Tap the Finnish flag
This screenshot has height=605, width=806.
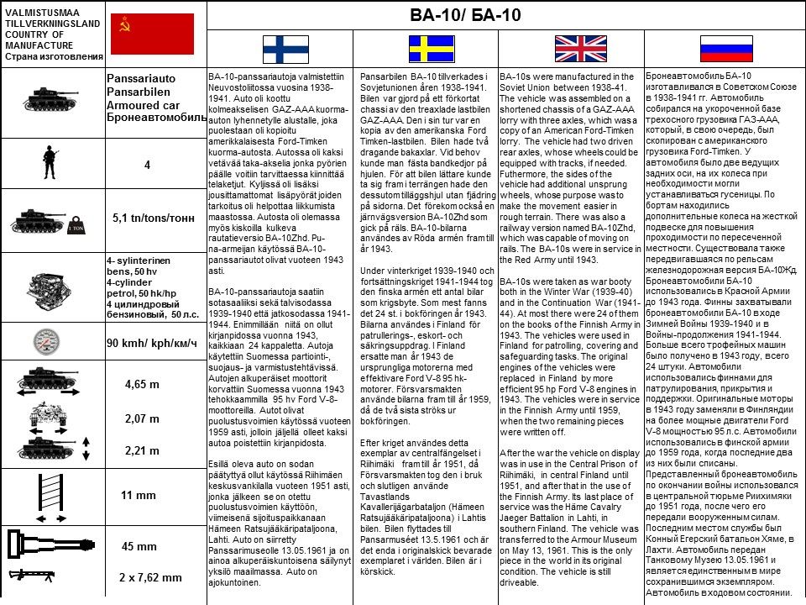point(285,49)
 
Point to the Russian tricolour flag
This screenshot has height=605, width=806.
point(725,49)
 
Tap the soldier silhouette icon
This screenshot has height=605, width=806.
point(50,164)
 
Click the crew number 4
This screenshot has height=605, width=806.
point(147,166)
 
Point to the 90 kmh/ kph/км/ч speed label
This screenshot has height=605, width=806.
point(152,343)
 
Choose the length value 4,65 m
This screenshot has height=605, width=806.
point(142,385)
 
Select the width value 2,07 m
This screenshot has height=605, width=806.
point(142,418)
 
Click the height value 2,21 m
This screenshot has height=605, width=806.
point(142,450)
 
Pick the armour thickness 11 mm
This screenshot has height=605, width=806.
point(139,496)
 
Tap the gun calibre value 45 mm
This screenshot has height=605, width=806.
point(139,546)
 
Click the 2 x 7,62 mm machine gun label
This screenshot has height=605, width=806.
point(150,577)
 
